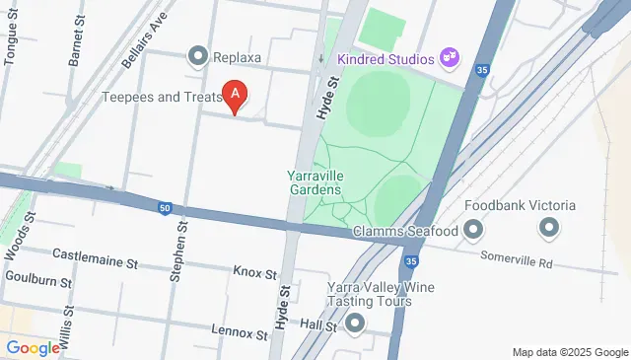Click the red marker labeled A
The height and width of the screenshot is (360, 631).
(235, 95)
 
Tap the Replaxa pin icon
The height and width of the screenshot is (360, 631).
(198, 57)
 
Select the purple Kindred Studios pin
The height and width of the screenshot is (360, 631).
(450, 58)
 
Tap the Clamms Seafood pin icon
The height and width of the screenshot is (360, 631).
(474, 232)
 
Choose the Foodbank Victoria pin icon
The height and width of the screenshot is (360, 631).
(549, 229)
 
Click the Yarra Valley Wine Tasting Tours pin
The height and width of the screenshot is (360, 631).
(355, 323)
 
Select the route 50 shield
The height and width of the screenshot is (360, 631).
(165, 207)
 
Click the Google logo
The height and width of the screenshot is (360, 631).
(33, 348)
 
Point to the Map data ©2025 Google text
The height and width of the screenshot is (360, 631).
(569, 352)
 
